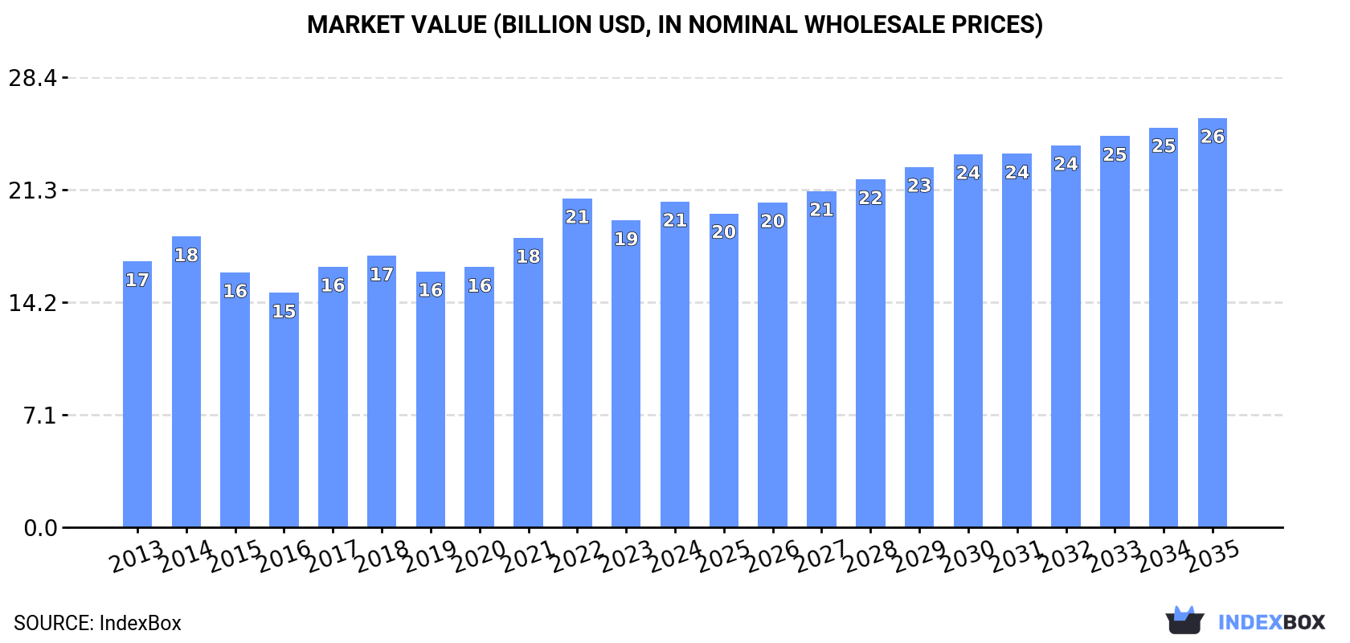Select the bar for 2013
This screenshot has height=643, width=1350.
[x=137, y=394]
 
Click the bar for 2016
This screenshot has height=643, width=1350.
[x=284, y=410]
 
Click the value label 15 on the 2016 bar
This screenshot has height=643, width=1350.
[x=284, y=312]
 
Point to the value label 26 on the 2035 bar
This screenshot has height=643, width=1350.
[x=1212, y=137]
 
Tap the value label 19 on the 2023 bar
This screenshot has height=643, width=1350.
[x=626, y=240]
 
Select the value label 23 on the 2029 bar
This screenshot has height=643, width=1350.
[x=919, y=186]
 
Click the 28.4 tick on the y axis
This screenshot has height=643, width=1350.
[x=33, y=79]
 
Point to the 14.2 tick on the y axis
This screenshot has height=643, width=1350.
[x=33, y=304]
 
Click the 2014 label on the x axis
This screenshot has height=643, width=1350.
[x=186, y=557]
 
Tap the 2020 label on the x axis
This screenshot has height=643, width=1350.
[x=479, y=557]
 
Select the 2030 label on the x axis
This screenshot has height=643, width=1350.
[x=967, y=557]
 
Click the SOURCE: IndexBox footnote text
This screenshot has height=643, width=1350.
[x=97, y=623]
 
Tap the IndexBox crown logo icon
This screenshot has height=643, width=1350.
[x=1184, y=620]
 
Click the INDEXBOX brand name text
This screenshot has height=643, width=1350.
[x=1271, y=622]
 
